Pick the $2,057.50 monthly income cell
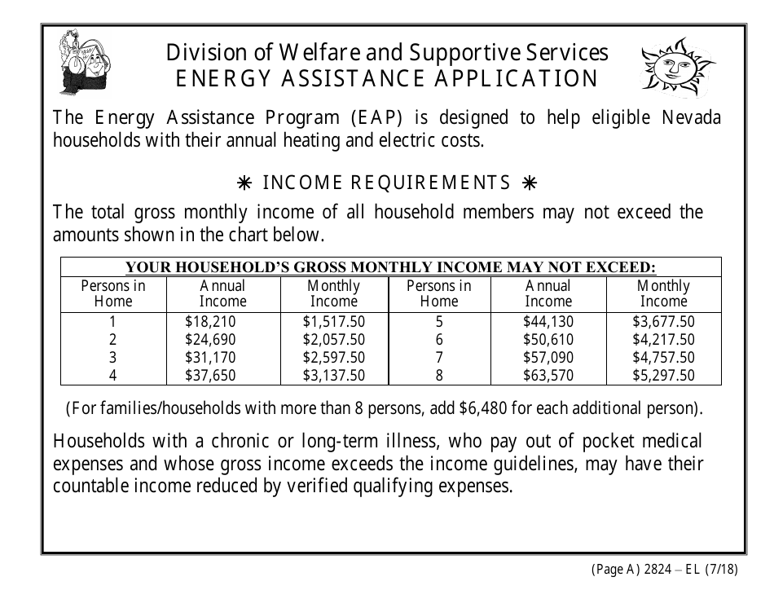[x=333, y=340]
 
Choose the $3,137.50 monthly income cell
[x=333, y=376]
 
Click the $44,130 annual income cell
[x=548, y=322]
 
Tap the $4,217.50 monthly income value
[x=663, y=340]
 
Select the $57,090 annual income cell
[x=548, y=358]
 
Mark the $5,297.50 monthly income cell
[x=663, y=376]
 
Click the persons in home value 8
[x=439, y=376]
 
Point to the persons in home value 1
[x=113, y=322]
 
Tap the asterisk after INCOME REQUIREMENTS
[x=530, y=183]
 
